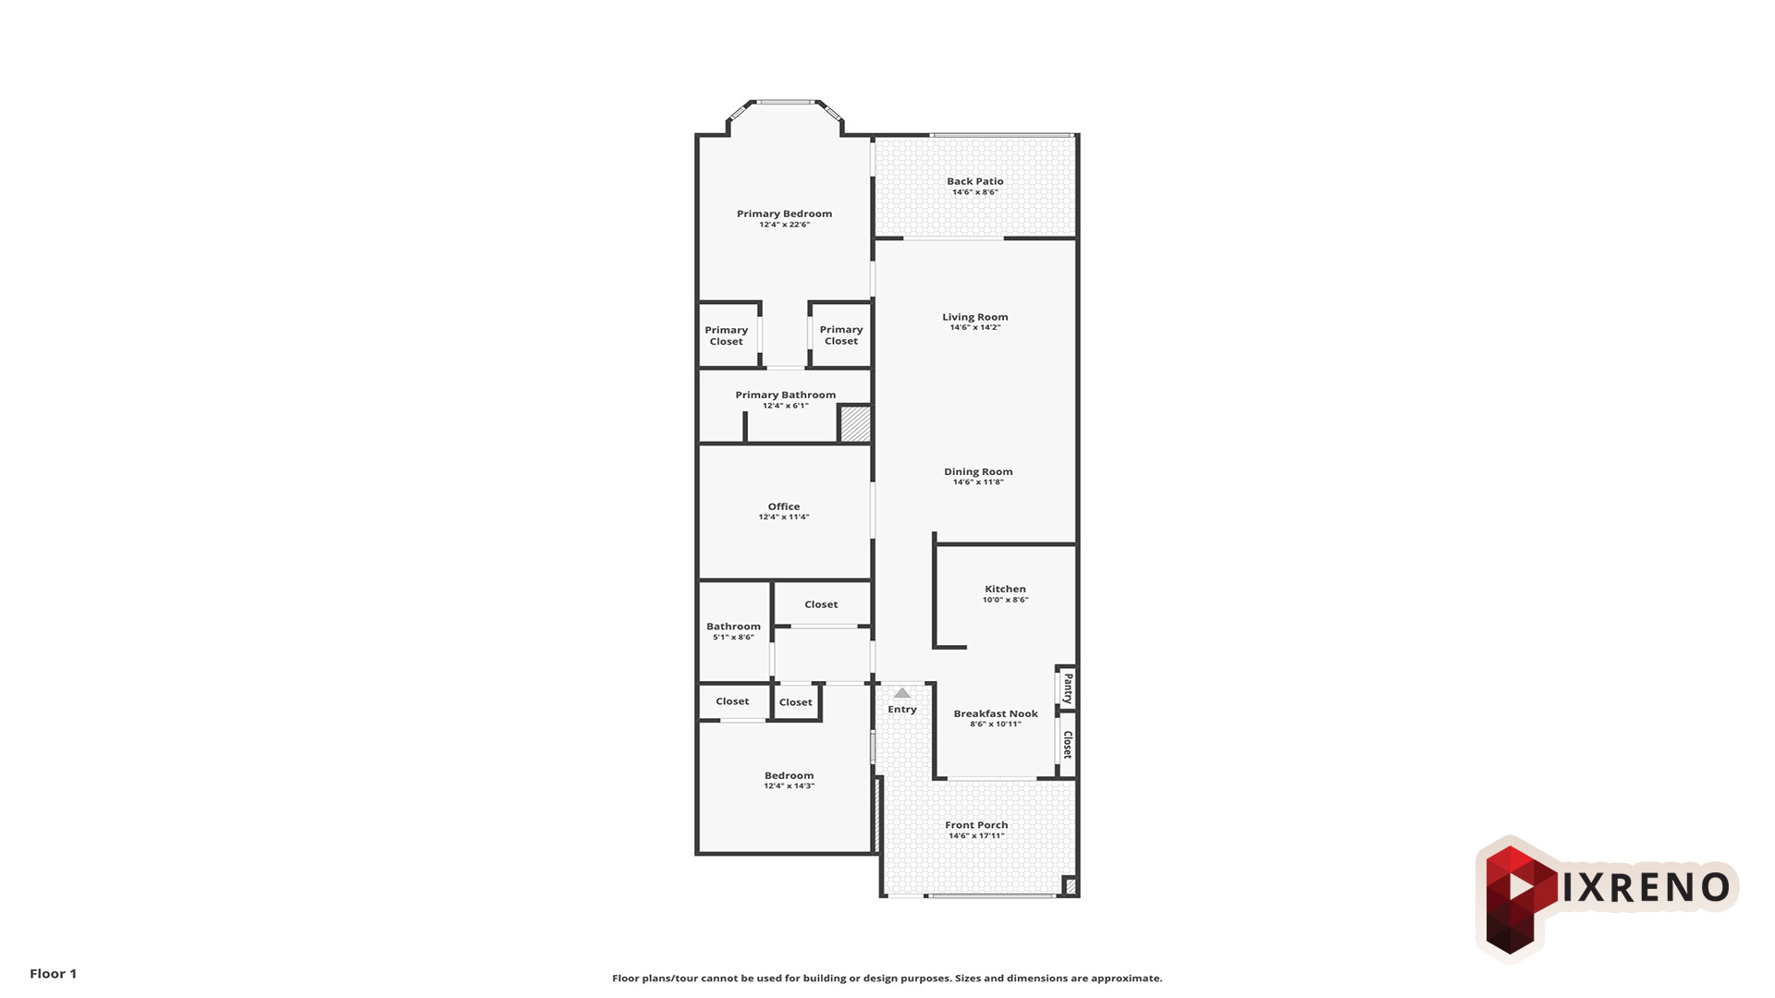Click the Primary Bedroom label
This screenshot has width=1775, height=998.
pos(784,213)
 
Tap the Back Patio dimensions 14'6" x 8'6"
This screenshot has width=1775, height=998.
pos(975,192)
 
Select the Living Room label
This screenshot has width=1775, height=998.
pos(975,317)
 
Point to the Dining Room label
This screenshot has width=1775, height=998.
pos(978,471)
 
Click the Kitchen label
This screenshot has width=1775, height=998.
pos(1005,589)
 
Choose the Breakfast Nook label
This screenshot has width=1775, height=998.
pos(996,713)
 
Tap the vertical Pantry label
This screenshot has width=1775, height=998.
pos(1068,688)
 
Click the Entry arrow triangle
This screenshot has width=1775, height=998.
pos(902,693)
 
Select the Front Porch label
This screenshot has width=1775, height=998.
pos(976,825)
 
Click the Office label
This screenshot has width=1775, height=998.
pos(784,506)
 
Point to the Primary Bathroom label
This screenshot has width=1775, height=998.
pos(786,395)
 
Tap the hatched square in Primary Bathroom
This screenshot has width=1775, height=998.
pos(855,424)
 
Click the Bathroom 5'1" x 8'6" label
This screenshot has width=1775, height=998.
pos(734,631)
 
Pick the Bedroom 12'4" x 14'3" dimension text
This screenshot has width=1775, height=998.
pos(790,786)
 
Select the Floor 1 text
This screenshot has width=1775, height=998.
pos(54,973)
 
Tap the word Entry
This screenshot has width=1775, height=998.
pos(902,710)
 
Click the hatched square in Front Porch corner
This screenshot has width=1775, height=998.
pos(1070,885)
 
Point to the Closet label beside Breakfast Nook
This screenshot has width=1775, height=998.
pos(1068,745)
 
